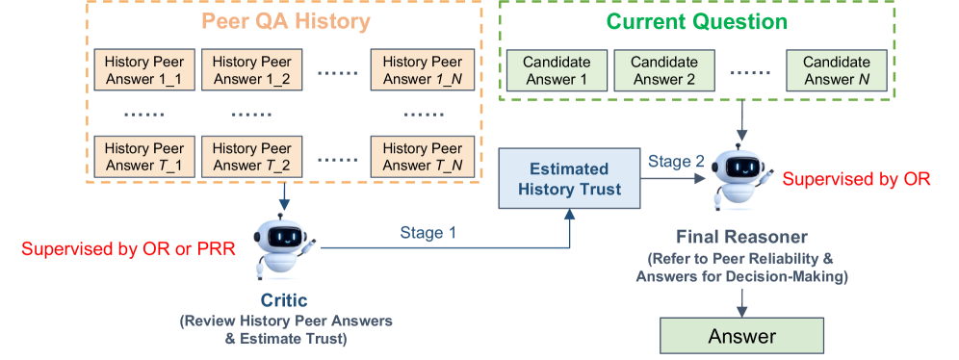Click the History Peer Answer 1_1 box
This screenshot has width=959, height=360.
pos(144,69)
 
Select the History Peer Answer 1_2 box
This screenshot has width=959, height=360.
pos(252,69)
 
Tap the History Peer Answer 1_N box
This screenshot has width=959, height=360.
pos(422,69)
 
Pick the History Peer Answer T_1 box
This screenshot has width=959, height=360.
pos(144,157)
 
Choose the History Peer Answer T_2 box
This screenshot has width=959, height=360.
pos(252,157)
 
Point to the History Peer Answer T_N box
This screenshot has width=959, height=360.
pos(422,157)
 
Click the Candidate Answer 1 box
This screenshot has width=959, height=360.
pos(557,70)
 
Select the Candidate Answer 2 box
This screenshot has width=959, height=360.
pos(664,70)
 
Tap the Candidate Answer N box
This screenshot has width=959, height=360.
pos(836,70)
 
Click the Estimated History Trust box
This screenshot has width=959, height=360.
pos(569,178)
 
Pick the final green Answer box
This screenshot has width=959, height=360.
pos(742,336)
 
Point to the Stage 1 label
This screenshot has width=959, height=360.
pos(428,232)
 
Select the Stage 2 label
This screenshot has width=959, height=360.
pos(677,162)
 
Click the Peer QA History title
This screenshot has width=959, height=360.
pos(286,21)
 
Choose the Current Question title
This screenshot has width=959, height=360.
pos(696,21)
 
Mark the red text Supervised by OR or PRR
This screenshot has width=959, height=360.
pos(128,248)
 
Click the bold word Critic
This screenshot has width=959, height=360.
pos(284,300)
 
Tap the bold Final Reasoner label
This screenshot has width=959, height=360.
pos(742,237)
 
